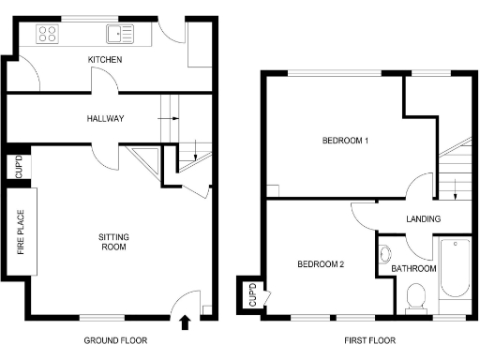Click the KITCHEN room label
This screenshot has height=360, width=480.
point(104,60)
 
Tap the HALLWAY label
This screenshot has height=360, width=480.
point(104,118)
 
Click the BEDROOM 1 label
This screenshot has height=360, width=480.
point(345,142)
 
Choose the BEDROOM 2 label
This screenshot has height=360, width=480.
point(321,264)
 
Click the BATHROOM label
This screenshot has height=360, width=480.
point(413,269)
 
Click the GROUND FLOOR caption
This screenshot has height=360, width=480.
point(114,339)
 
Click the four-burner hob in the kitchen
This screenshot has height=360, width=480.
point(48,35)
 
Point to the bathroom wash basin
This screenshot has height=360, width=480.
point(385,253)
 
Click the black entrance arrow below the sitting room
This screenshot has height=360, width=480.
point(184,323)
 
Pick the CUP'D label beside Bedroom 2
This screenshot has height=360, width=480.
point(251,294)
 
